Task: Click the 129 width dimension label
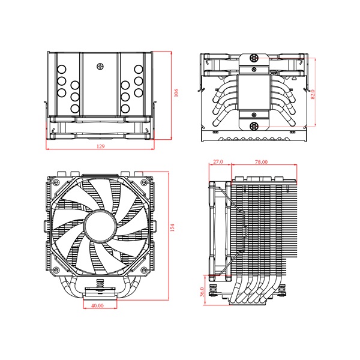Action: [x=98, y=146]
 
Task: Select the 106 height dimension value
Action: [x=176, y=94]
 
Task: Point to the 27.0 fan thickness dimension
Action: [x=218, y=162]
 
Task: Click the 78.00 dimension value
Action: [x=261, y=162]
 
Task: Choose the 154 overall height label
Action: [x=172, y=227]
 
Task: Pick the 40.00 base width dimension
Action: [x=98, y=305]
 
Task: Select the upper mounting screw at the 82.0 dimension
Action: [x=254, y=58]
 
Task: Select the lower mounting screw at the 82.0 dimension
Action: [x=254, y=126]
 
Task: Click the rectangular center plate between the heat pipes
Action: [x=254, y=91]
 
